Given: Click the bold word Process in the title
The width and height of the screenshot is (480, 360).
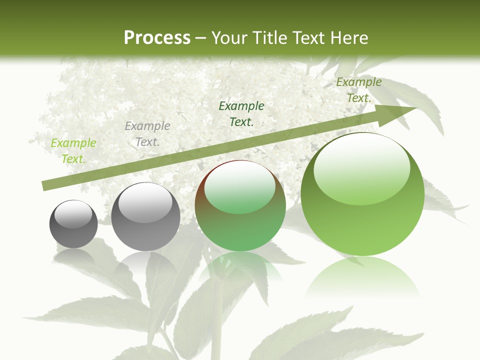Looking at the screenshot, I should pos(157,38).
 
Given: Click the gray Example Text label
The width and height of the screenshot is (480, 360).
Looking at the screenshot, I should pos(147,134).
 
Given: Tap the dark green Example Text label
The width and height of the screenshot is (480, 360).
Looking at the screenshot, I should pos(241,114).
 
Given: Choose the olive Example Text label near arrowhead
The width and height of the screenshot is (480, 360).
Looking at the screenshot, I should pos(359,90).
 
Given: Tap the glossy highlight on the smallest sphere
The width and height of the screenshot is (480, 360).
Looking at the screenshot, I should pos(73,214).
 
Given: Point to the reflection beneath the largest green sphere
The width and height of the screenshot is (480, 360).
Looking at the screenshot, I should pos(362,277).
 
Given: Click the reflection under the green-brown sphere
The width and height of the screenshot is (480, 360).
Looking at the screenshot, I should pos(240,267).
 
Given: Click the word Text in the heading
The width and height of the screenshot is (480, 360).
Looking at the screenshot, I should pos(308,38).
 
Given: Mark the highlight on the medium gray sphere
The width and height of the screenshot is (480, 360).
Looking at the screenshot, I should pos(145,202).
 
